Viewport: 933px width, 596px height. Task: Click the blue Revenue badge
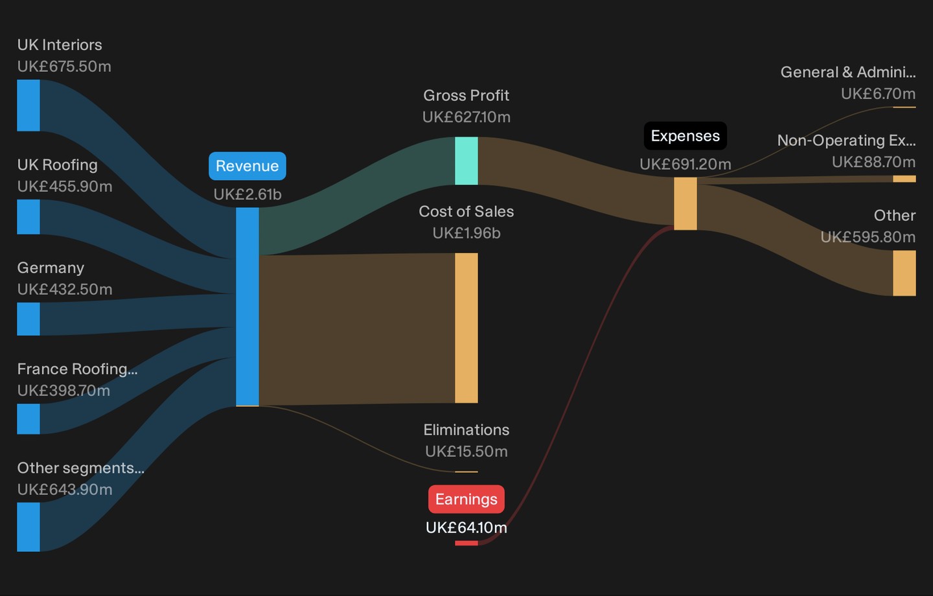click(x=248, y=166)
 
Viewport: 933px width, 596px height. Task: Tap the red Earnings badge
click(x=466, y=499)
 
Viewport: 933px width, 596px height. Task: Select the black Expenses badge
click(x=685, y=136)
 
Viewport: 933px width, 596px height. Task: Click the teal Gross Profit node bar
click(x=466, y=161)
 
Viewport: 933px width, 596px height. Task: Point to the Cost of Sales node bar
click(x=466, y=328)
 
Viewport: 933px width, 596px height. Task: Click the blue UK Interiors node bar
click(x=29, y=106)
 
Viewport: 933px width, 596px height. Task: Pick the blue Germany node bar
click(x=29, y=319)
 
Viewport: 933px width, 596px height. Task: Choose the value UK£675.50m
click(x=64, y=67)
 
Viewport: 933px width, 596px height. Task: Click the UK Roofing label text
click(x=58, y=165)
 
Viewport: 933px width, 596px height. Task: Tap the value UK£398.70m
click(x=63, y=391)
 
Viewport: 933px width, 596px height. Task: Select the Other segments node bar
click(x=29, y=527)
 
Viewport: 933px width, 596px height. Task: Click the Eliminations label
click(x=466, y=430)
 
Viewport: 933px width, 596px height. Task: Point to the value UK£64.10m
click(x=466, y=528)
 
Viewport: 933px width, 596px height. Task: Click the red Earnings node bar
click(x=466, y=543)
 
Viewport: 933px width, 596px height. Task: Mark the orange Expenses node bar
click(x=685, y=203)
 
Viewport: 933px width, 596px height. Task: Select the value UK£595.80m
click(x=868, y=237)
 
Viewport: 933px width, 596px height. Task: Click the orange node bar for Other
click(x=904, y=273)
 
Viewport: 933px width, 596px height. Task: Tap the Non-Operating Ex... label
click(x=846, y=141)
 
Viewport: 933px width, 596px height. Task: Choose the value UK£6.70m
click(x=878, y=94)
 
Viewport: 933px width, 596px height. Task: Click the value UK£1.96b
click(x=466, y=233)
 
